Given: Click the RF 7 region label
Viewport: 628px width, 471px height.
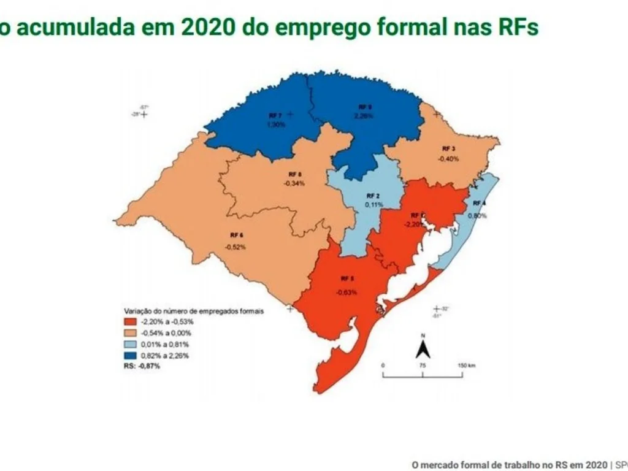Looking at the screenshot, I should click(x=275, y=115).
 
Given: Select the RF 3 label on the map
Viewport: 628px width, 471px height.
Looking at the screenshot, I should click(x=448, y=149).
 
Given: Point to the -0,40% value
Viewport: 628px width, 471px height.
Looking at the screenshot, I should click(x=448, y=158).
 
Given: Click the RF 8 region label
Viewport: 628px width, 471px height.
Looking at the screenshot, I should click(x=295, y=174).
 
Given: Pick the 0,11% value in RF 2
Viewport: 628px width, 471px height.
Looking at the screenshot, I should click(x=373, y=204).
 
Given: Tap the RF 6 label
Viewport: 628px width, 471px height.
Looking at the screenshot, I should click(x=237, y=235).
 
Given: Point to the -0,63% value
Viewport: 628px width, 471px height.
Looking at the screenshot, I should click(x=347, y=292).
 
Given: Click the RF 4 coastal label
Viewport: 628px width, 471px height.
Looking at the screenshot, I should click(x=479, y=203).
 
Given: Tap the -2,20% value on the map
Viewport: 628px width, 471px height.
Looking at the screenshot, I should click(x=413, y=224).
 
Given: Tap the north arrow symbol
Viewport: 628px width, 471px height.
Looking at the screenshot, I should click(x=423, y=350).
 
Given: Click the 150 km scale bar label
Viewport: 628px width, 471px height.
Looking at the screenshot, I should click(x=466, y=365).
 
